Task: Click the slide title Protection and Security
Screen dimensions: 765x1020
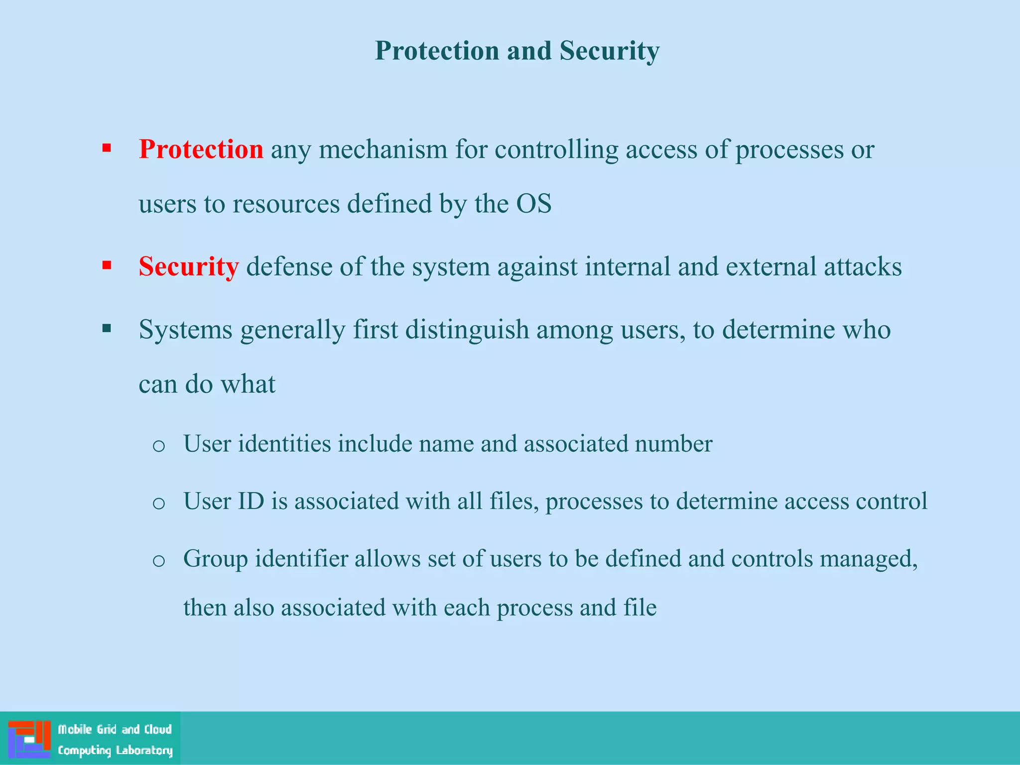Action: point(516,51)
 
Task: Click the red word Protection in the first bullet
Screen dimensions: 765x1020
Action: point(201,149)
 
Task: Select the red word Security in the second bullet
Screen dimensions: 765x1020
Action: point(188,266)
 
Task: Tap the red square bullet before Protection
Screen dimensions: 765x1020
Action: point(107,148)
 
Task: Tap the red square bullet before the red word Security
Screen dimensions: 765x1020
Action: point(107,265)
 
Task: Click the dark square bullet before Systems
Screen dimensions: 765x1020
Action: point(107,328)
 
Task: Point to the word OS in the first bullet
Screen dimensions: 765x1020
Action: point(533,204)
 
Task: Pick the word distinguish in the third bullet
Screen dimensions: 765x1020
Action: point(467,330)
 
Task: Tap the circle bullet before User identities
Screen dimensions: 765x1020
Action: point(158,445)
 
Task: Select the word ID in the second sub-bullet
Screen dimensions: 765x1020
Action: point(251,501)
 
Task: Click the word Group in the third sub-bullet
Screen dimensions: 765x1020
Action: point(216,559)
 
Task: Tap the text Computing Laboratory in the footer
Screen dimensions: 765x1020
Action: point(115,750)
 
